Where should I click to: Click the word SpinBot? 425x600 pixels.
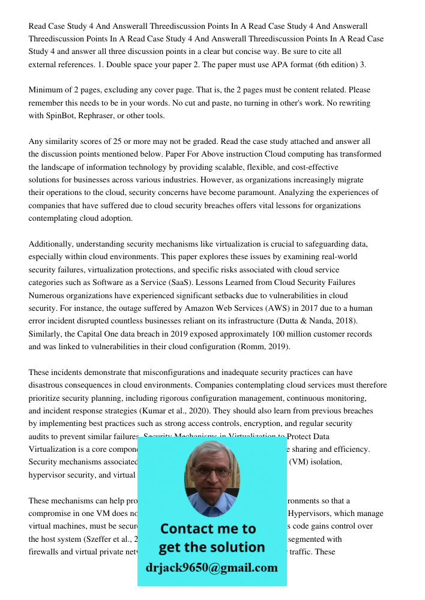tap(61, 116)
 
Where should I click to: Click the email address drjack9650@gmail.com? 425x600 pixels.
tap(211, 568)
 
